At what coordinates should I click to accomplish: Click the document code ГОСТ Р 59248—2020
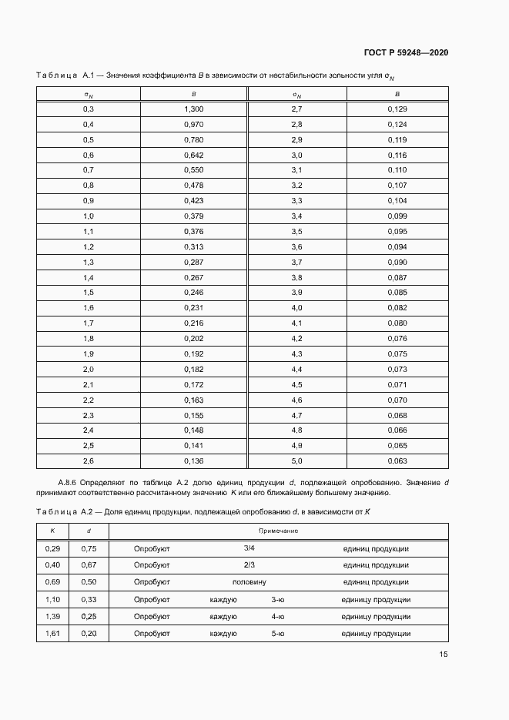point(405,52)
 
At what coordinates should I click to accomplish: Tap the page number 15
point(444,655)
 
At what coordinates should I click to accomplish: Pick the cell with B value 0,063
point(397,460)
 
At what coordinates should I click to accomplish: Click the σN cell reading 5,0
point(296,460)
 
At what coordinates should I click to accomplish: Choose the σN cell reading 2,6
point(88,460)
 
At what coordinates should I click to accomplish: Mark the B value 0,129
point(397,109)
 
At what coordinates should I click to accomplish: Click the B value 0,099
point(397,216)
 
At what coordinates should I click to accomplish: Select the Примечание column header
point(278,531)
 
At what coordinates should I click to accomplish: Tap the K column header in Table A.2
point(52,531)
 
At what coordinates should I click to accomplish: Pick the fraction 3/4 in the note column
point(249,548)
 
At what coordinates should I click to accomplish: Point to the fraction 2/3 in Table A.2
point(249,565)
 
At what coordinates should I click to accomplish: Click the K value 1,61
point(52,633)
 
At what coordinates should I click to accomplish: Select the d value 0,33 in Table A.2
point(89,599)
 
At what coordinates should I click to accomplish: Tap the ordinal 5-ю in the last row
point(278,633)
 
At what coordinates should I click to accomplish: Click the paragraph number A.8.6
point(70,481)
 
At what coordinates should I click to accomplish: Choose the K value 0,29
point(52,548)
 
